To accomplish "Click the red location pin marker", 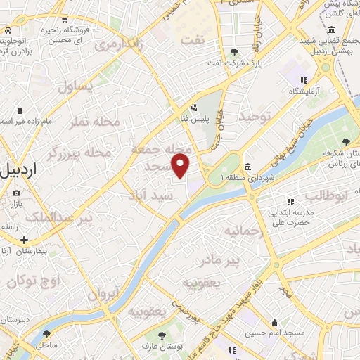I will coord(181,166).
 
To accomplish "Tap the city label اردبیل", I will coord(21,171).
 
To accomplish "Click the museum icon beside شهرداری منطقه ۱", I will coord(248,166).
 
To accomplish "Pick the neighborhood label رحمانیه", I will coord(243,231).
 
